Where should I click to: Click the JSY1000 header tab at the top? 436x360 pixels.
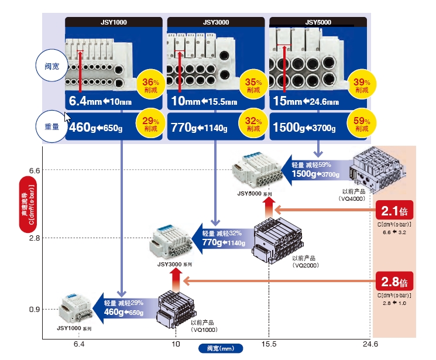click(114, 23)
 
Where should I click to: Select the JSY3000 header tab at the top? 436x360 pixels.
click(215, 23)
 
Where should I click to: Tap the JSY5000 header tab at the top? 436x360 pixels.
click(318, 23)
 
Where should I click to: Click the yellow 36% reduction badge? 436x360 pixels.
click(150, 85)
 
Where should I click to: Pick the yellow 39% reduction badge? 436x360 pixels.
click(362, 85)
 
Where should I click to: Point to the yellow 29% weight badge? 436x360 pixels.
click(150, 125)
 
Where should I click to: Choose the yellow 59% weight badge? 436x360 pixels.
click(362, 125)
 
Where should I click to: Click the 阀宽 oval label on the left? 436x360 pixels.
click(52, 66)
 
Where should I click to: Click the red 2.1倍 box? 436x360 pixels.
click(394, 210)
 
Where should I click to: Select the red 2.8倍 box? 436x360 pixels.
click(394, 282)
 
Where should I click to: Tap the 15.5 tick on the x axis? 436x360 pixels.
click(269, 344)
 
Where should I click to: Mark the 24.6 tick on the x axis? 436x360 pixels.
click(370, 344)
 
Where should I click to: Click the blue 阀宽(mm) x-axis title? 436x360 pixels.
click(221, 348)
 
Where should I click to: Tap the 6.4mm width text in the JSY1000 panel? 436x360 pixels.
click(86, 101)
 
